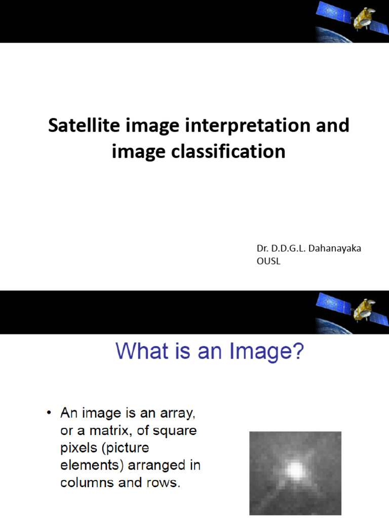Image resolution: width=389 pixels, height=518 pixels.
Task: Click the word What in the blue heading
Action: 142,352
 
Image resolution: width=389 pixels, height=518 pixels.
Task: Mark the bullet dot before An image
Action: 49,414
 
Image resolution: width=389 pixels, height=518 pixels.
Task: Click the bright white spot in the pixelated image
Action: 294,470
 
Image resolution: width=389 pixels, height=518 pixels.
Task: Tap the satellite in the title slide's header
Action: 349,18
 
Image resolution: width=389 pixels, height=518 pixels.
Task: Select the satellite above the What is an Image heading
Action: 349,309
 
